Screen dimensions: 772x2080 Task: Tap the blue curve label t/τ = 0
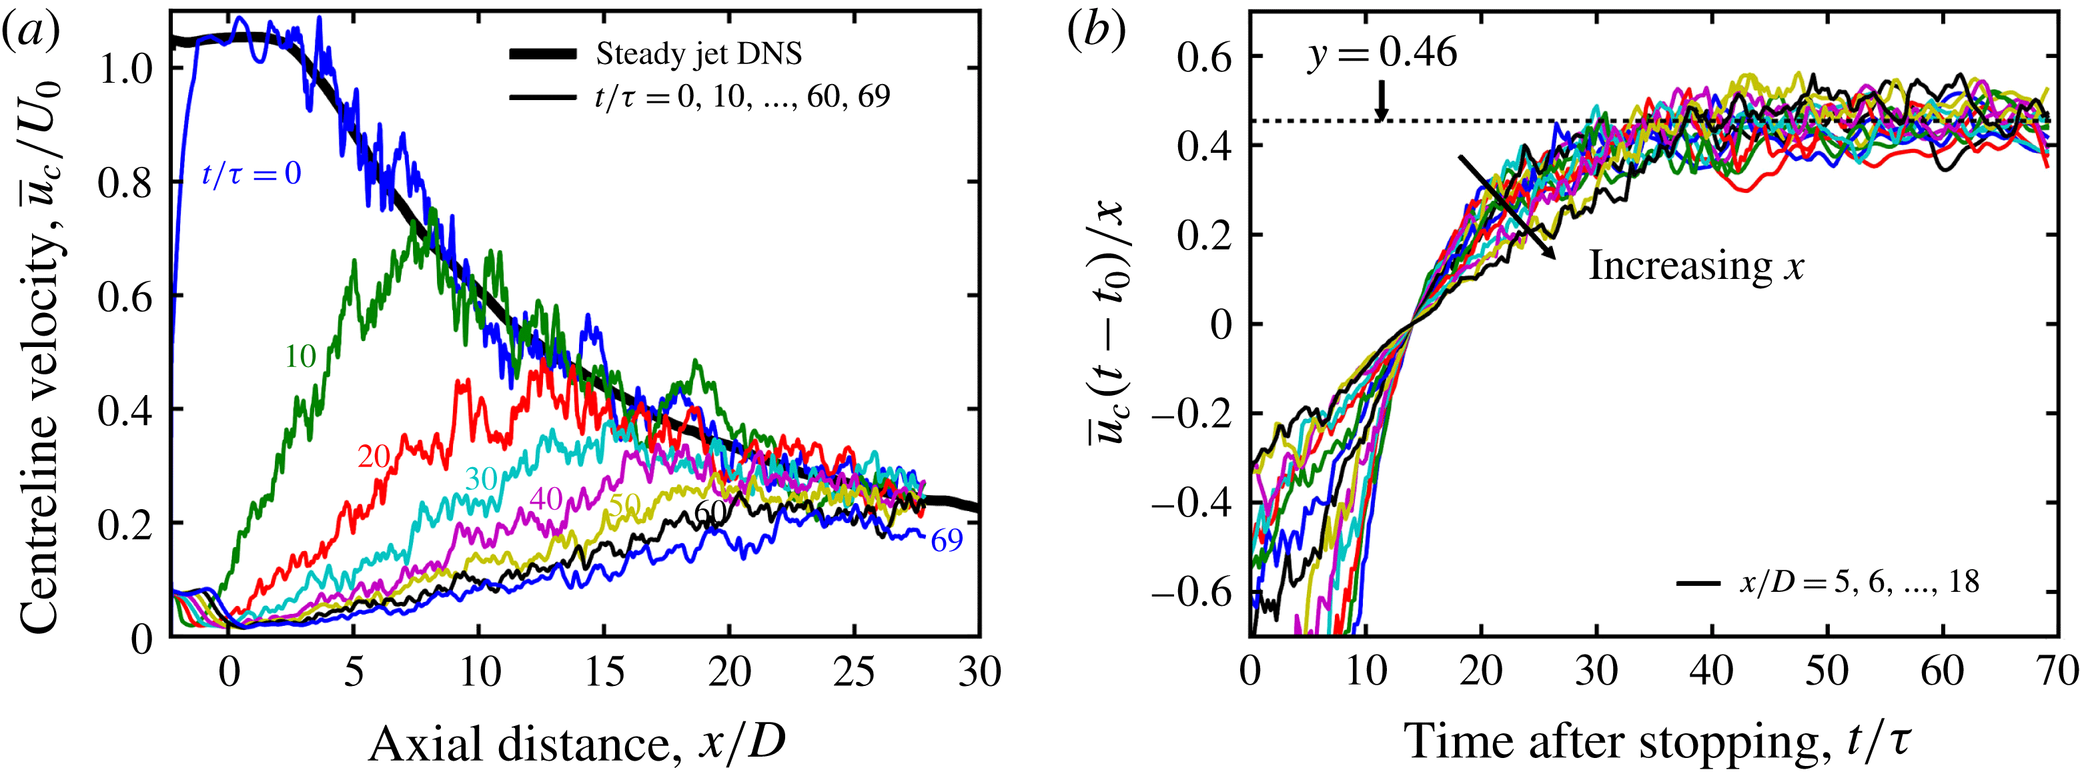click(251, 173)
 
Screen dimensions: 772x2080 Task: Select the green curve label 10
click(300, 356)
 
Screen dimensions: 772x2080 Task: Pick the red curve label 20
click(374, 457)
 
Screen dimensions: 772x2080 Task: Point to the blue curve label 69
click(947, 541)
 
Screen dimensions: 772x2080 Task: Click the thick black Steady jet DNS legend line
click(542, 54)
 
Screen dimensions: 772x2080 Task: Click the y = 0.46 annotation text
click(1382, 53)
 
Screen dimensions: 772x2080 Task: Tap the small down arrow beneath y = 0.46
click(1382, 100)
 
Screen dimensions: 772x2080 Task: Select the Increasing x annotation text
click(1696, 266)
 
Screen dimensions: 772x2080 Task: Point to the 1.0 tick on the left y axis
click(125, 69)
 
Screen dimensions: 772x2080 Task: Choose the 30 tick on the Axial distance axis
click(979, 672)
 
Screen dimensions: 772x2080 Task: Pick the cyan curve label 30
click(481, 480)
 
